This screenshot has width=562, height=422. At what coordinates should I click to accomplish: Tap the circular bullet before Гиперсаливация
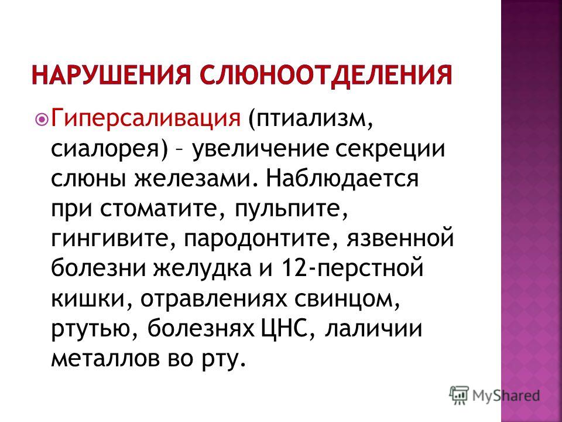tap(42, 119)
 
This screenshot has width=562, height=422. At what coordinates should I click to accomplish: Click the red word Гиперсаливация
tap(146, 119)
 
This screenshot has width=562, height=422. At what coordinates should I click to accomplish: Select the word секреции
tap(390, 149)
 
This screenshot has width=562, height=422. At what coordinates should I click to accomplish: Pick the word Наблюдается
tap(342, 178)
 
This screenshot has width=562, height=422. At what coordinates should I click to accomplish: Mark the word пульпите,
tap(292, 209)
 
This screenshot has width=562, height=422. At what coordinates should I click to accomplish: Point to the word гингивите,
tap(114, 239)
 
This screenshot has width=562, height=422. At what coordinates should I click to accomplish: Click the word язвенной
tap(400, 239)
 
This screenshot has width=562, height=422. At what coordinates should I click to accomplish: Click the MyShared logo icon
tap(459, 395)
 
